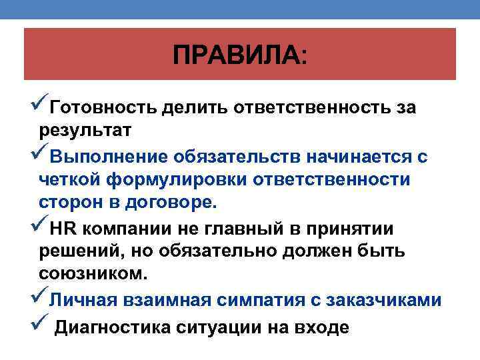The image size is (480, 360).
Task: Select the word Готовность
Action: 103,108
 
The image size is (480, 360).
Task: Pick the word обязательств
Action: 236,157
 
